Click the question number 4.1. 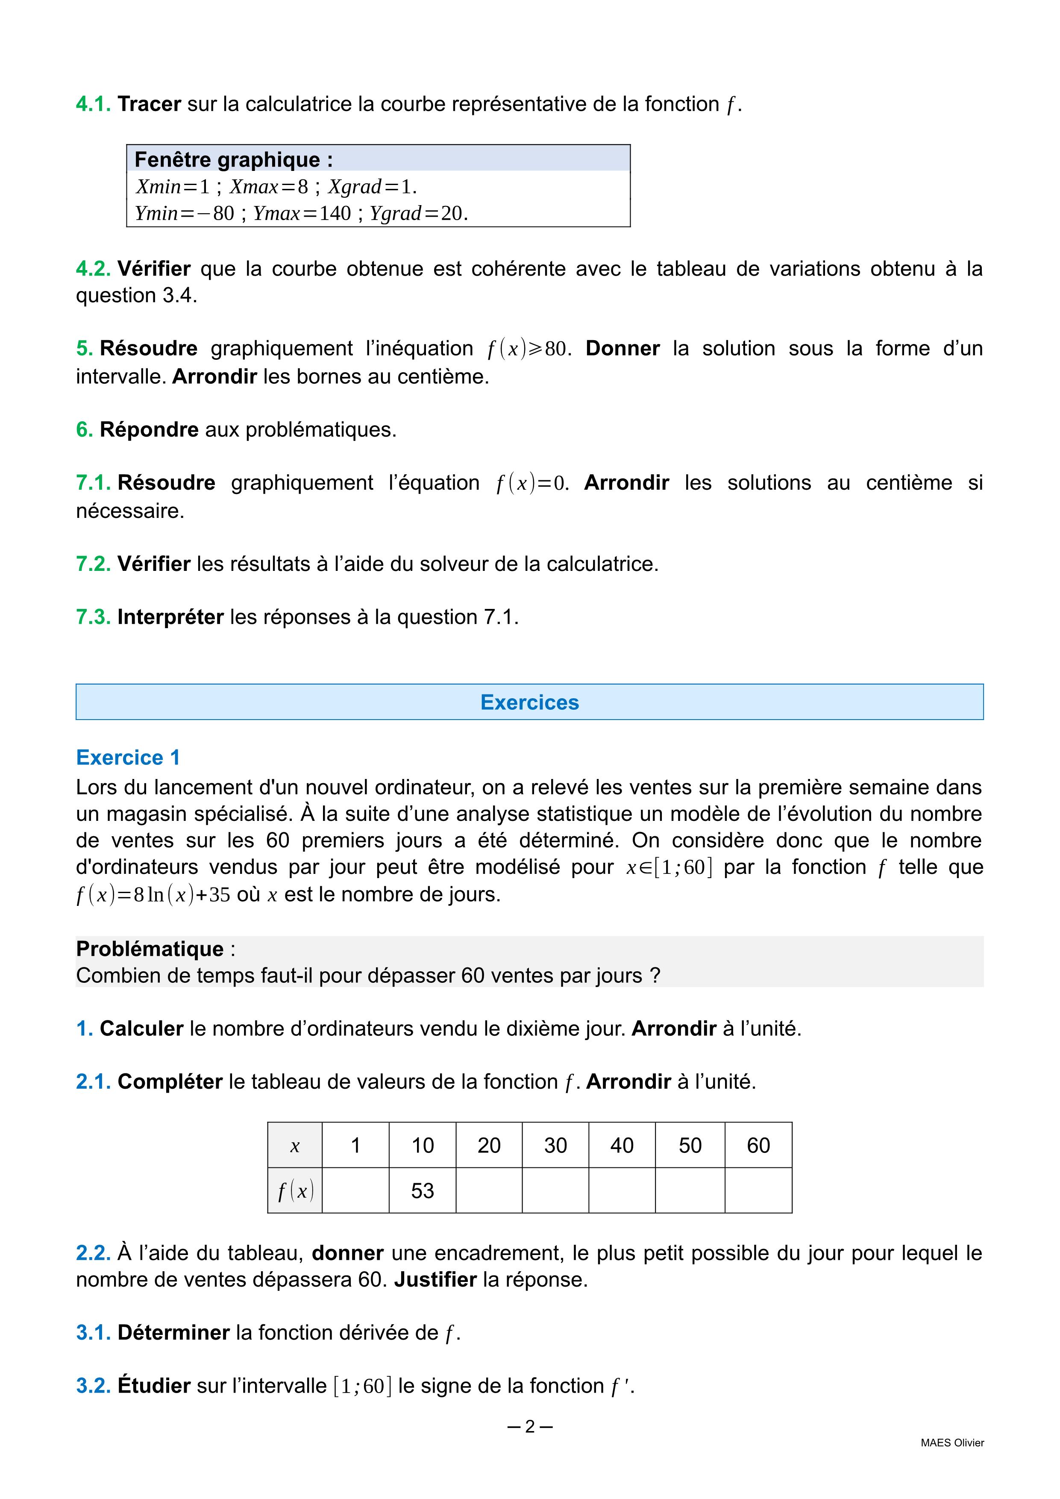(93, 104)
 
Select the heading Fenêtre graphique (233, 160)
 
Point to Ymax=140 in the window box (302, 214)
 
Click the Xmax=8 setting (268, 187)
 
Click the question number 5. (84, 349)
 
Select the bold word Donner (622, 349)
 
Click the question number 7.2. (93, 564)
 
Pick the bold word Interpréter (170, 617)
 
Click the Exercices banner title (529, 702)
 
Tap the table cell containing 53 (422, 1191)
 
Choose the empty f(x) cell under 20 (489, 1191)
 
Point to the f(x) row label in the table (295, 1191)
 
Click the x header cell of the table (295, 1146)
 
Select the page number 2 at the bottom (529, 1427)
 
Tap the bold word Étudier (154, 1386)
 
